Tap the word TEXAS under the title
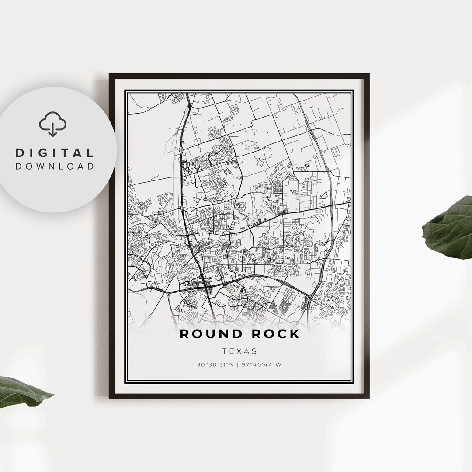(239, 351)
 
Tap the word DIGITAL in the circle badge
(55, 153)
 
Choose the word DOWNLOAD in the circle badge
(55, 166)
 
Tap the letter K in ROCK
(295, 334)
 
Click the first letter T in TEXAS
(224, 351)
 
